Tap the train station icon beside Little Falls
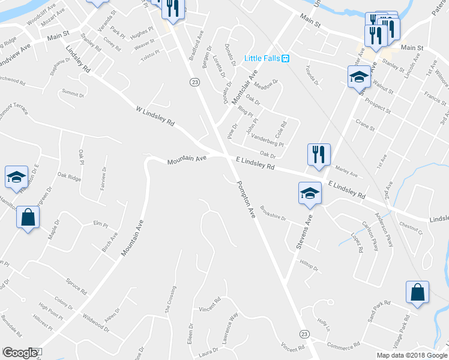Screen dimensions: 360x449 (286, 58)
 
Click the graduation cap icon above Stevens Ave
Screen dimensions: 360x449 (310, 193)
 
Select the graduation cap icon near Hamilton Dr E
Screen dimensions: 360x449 (16, 176)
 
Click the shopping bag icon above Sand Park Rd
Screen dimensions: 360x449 (418, 292)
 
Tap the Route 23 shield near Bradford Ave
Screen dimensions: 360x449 (194, 82)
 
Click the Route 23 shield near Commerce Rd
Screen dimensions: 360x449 (304, 334)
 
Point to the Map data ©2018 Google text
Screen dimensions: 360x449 (411, 355)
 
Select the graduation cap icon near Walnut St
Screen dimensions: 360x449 (359, 76)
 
